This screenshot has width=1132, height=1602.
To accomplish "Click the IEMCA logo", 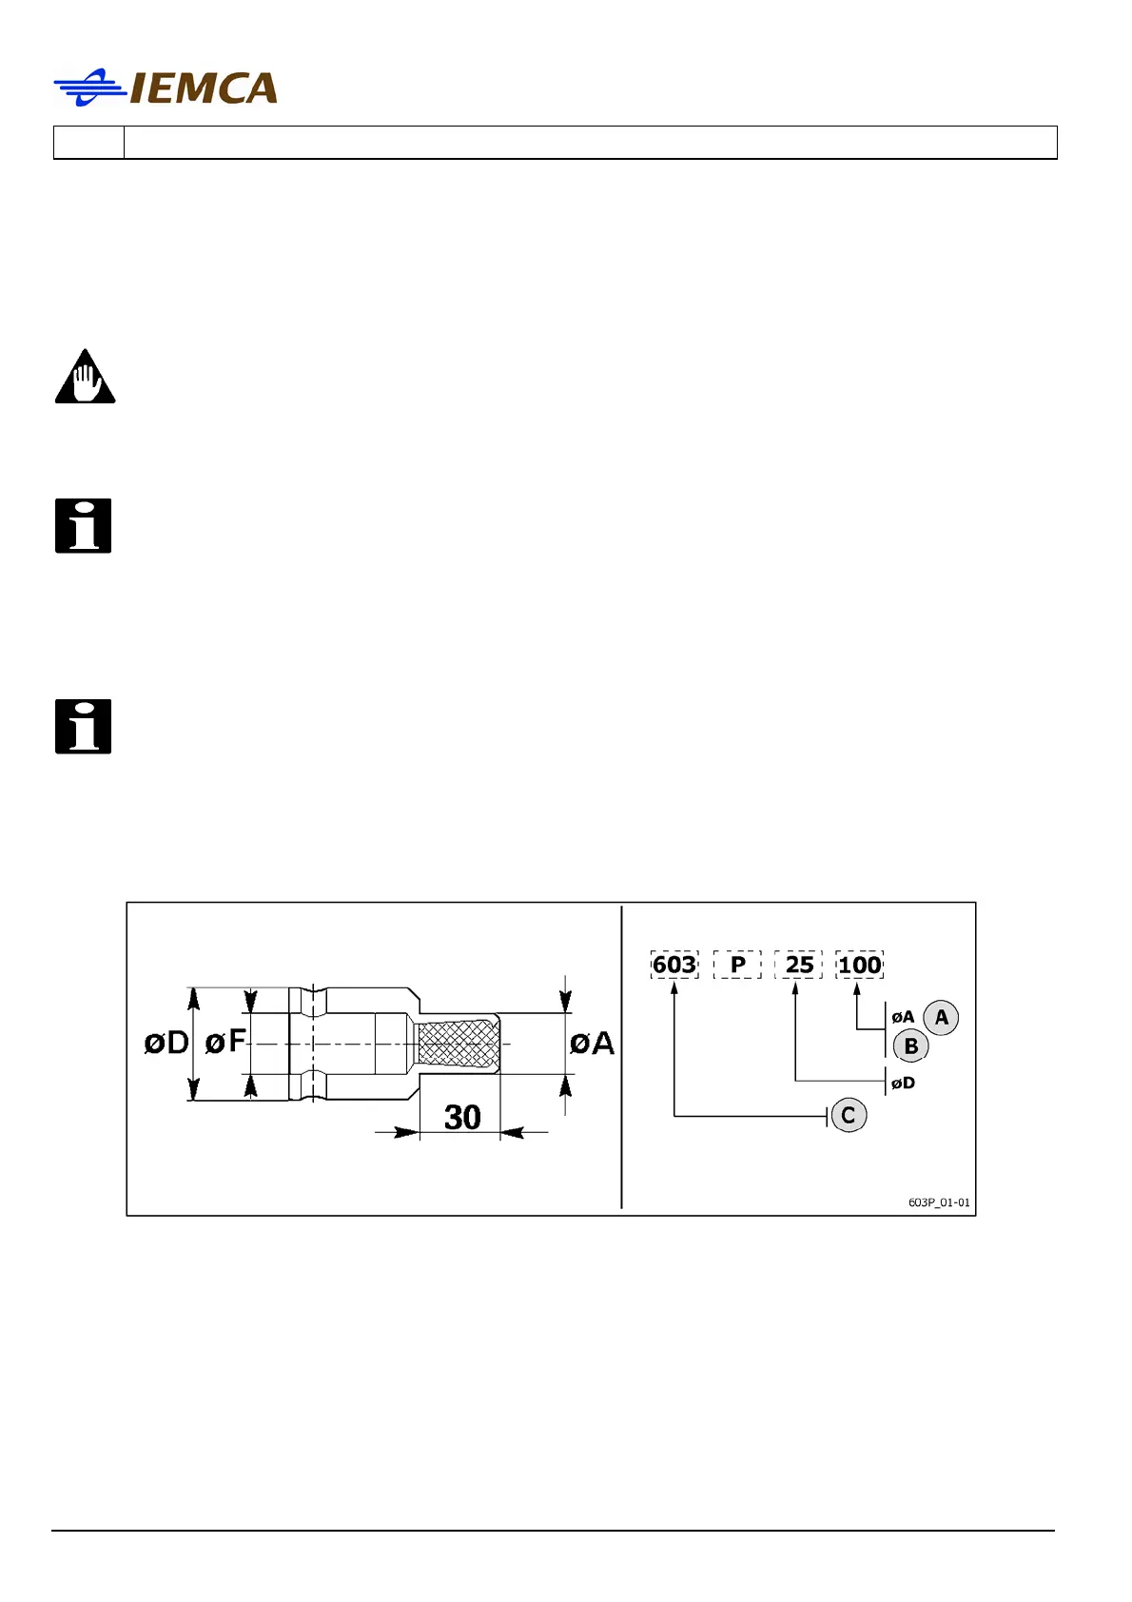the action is pos(166,88).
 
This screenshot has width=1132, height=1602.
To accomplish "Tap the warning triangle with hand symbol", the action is pos(85,378).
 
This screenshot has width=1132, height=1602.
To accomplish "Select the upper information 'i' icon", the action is pos(84,525).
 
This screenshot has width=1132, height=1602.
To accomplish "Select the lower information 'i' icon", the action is pos(84,727).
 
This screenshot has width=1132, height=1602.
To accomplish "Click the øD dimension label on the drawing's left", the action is pos(166,1044).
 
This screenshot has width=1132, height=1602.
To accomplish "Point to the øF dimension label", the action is pos(225,1043).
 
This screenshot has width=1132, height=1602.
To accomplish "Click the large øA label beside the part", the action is pos(592,1044).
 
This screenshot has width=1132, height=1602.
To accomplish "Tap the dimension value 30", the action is pos(462,1117).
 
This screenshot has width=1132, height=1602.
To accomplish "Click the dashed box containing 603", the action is pos(674,965).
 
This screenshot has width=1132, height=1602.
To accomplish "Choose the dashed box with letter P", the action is pos(737,965).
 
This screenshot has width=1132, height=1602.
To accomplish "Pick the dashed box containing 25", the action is pos(799,965).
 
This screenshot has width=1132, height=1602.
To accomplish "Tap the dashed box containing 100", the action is pos(860,965).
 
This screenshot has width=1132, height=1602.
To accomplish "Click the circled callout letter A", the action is pos(941,1018).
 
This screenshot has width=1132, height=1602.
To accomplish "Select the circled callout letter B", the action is pos(910,1046).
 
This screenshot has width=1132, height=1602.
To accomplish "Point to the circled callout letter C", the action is pos(849,1115).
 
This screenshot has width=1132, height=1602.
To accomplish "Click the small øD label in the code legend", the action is pos(903,1083).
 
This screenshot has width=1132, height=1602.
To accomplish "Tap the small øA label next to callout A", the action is pos(903,1017).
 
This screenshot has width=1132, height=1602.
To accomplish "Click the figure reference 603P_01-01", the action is pos(939,1202).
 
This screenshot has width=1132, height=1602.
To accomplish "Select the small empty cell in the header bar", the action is pos(88,143).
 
